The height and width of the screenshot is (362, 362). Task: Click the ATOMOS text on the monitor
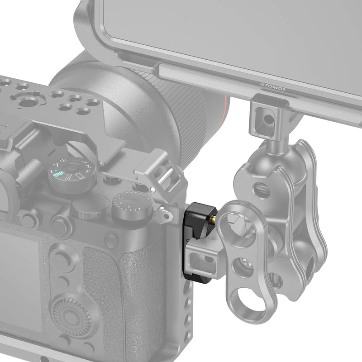[273, 86]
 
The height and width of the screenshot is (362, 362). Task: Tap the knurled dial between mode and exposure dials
[86, 210]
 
